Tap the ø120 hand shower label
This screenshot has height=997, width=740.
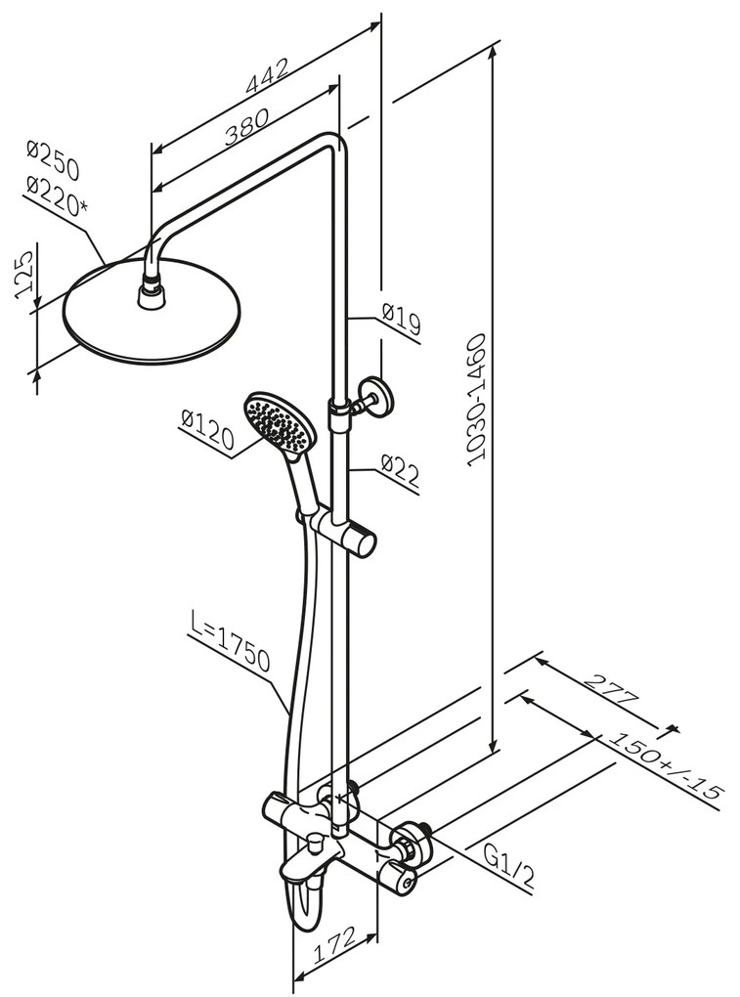206,432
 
